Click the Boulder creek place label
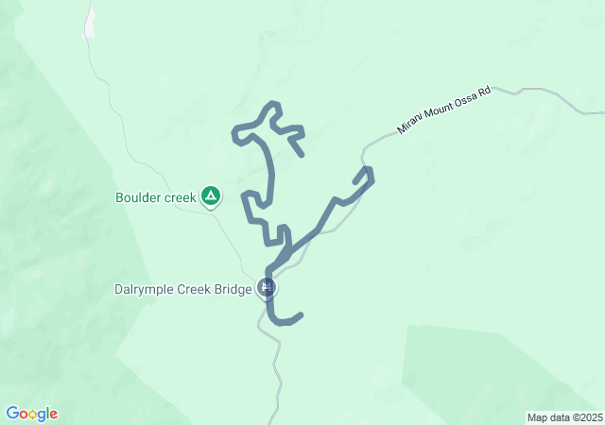[x=155, y=197]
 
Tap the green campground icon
[x=211, y=196]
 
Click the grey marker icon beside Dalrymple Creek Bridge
[x=267, y=287]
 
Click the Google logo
[x=31, y=414]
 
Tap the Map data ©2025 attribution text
[x=563, y=417]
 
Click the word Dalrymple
[x=144, y=289]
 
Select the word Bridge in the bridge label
[x=232, y=289]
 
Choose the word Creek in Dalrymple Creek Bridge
[x=193, y=289]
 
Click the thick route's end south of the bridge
[x=300, y=315]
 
